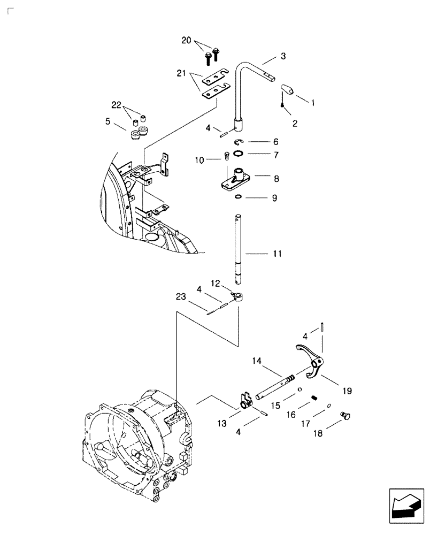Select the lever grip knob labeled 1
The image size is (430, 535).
[286, 89]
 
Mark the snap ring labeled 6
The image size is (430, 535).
[240, 142]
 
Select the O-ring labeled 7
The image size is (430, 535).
[240, 154]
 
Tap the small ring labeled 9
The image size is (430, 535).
[237, 197]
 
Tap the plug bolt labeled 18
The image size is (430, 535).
[344, 417]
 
